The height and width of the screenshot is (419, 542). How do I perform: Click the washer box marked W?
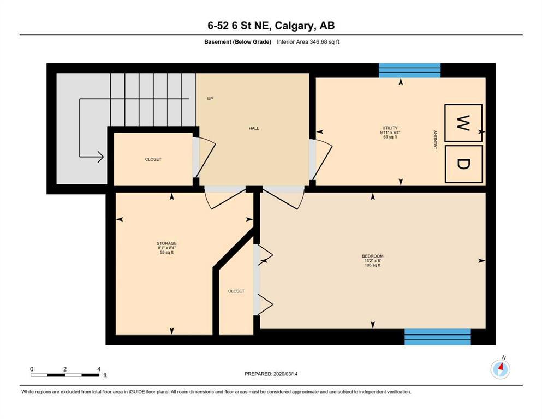pos(463,123)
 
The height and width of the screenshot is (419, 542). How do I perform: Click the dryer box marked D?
pos(463,164)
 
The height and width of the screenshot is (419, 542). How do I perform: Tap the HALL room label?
pos(254,128)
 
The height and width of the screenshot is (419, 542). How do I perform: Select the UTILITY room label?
pos(390,128)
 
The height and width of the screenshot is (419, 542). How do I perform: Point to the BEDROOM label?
pos(373,256)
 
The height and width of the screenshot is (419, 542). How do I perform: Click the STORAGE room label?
pos(166,243)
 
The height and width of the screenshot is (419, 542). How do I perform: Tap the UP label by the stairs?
pos(210,99)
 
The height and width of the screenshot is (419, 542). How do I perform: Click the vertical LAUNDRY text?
pos(436,140)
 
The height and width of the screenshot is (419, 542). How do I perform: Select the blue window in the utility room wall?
pos(409,70)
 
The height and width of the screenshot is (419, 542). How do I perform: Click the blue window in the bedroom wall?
pos(438,337)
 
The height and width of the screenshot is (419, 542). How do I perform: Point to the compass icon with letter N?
pos(500,369)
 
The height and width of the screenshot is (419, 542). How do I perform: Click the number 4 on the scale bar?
pos(99,369)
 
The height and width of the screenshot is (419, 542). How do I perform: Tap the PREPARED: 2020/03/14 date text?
pos(271,374)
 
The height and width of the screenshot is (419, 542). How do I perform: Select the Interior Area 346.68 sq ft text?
pos(308,42)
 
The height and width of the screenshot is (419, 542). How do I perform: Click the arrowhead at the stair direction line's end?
pos(100,157)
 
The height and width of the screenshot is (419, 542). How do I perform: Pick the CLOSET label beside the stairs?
pos(153,159)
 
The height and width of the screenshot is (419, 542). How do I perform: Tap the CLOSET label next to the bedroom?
pos(236,291)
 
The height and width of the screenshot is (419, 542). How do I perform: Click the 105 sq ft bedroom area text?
pos(373,265)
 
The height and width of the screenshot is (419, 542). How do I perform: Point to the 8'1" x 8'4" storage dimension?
pos(166,248)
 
